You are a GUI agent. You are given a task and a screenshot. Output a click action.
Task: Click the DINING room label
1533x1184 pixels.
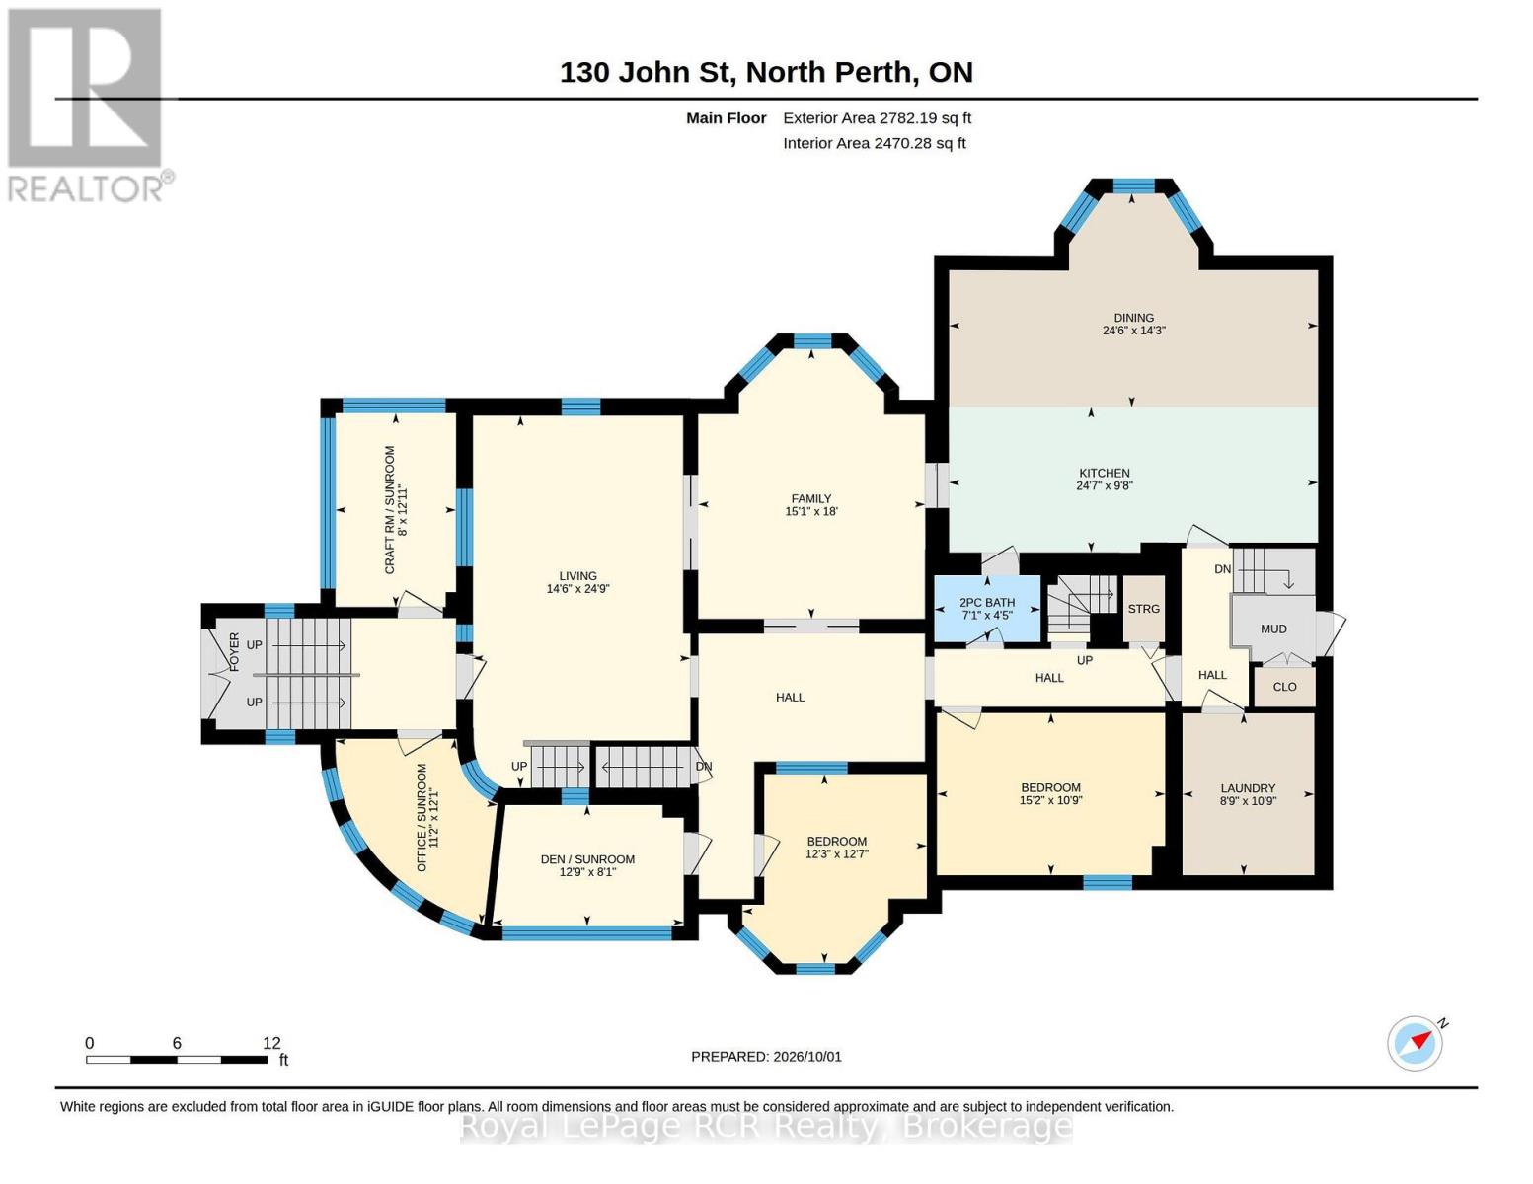[1133, 318]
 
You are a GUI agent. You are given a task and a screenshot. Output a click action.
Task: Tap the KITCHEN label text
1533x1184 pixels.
[1104, 473]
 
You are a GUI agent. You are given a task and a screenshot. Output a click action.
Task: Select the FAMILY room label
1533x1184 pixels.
[811, 498]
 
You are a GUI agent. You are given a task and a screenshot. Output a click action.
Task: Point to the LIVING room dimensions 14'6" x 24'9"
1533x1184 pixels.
[577, 589]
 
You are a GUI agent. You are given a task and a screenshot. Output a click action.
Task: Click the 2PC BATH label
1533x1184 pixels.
[987, 602]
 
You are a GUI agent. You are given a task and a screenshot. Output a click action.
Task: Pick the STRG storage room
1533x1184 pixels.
[1143, 609]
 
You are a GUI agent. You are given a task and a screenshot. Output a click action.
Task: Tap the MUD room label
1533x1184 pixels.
[1273, 629]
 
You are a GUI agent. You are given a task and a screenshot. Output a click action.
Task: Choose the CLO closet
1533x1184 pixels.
[1284, 687]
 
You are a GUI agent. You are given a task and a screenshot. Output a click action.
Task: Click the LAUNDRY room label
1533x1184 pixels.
[1248, 788]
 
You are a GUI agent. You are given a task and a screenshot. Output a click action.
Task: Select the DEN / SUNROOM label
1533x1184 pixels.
[587, 859]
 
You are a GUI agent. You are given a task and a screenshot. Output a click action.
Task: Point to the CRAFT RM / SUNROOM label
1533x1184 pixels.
[390, 510]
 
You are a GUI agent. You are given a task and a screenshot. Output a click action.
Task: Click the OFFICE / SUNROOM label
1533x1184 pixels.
[422, 817]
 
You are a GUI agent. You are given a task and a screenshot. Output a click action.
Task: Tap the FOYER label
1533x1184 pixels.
[234, 652]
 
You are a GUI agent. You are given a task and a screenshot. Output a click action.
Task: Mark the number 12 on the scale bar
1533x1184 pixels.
[271, 1043]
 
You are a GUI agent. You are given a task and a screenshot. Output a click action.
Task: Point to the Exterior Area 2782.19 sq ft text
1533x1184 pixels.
[877, 118]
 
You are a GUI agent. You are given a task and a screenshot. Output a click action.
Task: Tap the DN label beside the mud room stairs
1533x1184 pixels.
[1223, 569]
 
